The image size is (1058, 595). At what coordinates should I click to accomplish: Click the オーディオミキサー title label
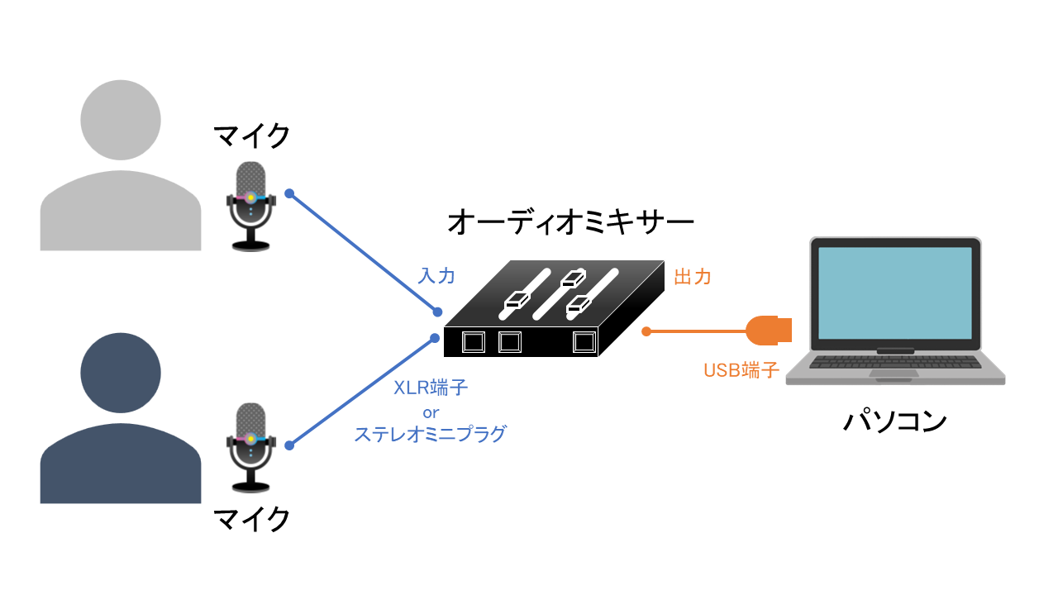click(570, 221)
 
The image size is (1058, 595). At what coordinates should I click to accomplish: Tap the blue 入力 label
click(436, 276)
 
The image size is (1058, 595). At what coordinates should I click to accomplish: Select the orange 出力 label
click(693, 277)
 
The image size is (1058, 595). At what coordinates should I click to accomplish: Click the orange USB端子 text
click(741, 370)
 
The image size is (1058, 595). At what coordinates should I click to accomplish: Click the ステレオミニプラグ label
click(430, 433)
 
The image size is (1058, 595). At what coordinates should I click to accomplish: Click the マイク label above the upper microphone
click(251, 136)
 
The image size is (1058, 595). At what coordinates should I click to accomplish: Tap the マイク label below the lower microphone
click(251, 519)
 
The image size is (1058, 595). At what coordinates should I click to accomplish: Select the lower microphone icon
click(250, 446)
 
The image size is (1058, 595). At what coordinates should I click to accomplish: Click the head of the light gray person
click(121, 120)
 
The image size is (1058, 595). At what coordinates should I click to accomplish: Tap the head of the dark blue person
click(121, 373)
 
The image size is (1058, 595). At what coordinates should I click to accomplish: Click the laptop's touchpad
click(894, 374)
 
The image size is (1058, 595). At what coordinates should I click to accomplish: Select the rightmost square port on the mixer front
click(584, 341)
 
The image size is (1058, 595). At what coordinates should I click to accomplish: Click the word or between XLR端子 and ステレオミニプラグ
click(430, 411)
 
